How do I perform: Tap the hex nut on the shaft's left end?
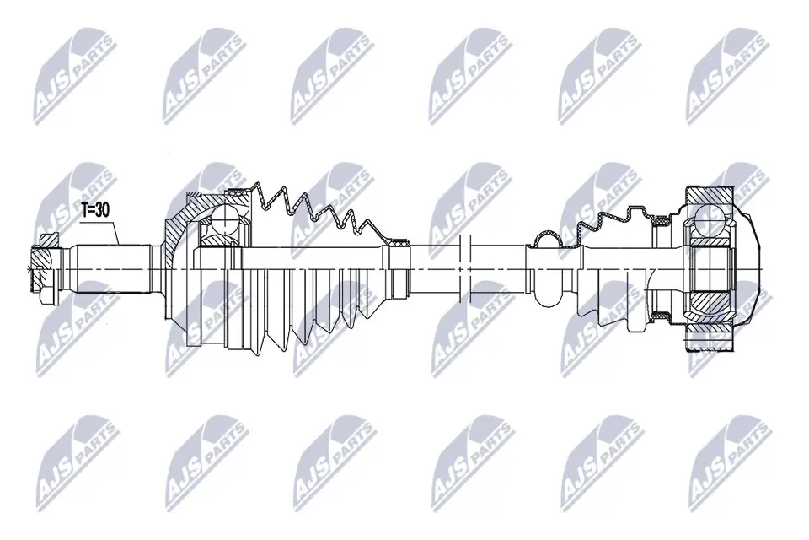[42, 267]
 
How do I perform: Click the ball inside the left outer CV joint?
[225, 224]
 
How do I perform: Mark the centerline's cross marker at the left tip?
[31, 269]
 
